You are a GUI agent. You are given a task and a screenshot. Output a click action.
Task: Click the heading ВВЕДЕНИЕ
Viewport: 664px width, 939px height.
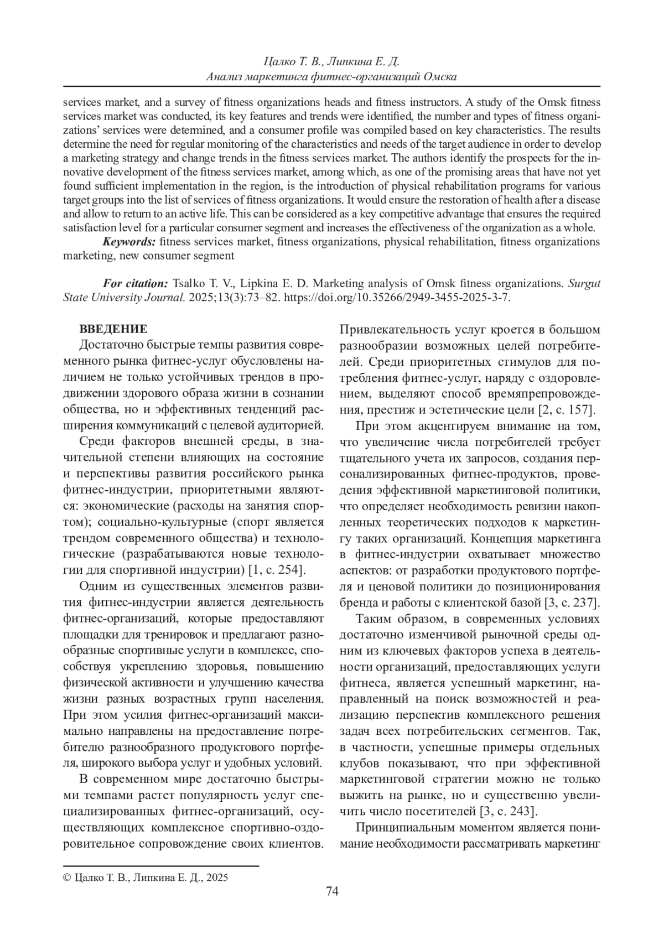113,329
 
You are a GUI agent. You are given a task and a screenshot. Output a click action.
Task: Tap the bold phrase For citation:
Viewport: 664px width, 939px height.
136,283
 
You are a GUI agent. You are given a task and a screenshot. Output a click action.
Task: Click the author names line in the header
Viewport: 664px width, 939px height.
331,61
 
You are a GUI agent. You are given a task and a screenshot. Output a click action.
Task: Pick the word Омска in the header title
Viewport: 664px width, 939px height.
439,76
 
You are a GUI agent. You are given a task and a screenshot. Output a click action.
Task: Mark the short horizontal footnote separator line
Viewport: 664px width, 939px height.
160,865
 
